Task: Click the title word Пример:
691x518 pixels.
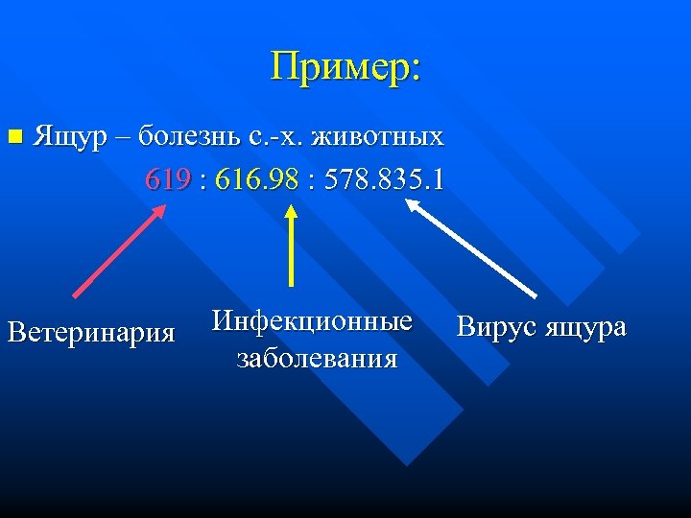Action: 345,67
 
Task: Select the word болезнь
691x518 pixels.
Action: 189,136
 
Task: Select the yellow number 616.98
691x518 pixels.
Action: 256,179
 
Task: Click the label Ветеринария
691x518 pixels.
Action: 91,333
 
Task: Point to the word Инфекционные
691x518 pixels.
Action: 312,320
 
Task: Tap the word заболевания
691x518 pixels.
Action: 316,358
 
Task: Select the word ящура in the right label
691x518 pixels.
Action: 585,328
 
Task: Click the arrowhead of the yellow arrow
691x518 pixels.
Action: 292,216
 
